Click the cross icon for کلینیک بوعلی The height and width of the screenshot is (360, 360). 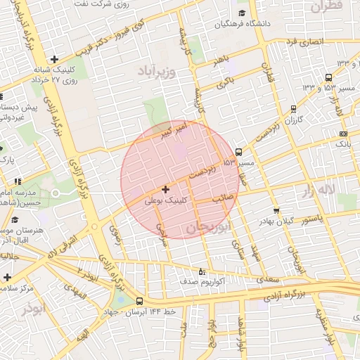(x=165, y=189)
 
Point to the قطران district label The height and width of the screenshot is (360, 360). (x=324, y=6)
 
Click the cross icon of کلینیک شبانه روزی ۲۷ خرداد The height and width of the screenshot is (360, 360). (x=54, y=59)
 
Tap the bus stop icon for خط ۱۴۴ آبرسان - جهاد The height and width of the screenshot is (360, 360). (x=139, y=301)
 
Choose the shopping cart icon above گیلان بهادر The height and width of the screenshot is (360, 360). (x=276, y=210)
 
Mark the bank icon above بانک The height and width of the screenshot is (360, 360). (x=342, y=134)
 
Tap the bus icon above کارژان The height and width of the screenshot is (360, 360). (x=293, y=109)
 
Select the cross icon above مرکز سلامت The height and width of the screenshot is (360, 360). (x=6, y=277)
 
